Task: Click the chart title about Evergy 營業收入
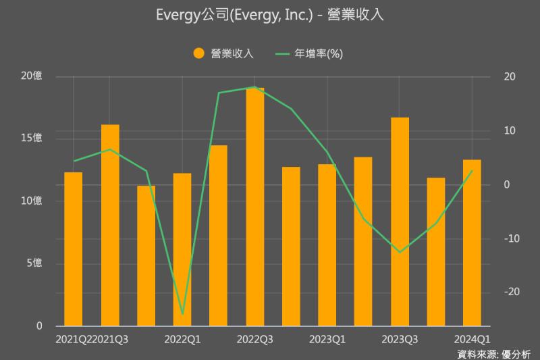pos(269,15)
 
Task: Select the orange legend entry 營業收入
pos(223,54)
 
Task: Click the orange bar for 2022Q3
pos(254,207)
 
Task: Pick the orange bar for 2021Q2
pos(74,249)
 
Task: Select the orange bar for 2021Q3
pos(110,225)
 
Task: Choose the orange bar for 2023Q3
pos(400,222)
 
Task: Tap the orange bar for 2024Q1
pos(472,242)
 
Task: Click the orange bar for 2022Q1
pos(182,249)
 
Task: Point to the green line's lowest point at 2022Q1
pos(182,314)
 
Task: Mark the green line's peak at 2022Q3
pos(254,87)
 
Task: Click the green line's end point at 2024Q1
pos(472,171)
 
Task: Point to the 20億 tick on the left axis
pos(31,76)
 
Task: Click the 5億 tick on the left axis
pos(34,263)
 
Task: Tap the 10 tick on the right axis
pos(510,130)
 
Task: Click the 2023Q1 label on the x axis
pos(327,338)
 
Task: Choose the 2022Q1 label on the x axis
pos(182,338)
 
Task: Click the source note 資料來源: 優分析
pos(493,353)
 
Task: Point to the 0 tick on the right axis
pos(507,184)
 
